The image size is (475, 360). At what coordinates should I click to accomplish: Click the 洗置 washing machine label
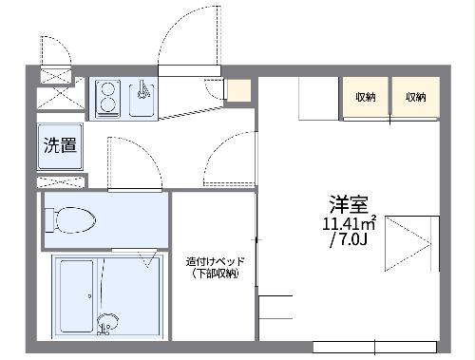point(59,145)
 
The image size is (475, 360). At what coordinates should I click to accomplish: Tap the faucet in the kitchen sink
point(142,91)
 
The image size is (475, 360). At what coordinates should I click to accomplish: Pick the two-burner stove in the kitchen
point(107,98)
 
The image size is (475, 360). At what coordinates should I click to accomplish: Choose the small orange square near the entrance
point(238,91)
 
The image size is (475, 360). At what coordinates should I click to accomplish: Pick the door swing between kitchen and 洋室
point(228,157)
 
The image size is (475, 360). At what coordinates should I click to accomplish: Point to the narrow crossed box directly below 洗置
point(60,180)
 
